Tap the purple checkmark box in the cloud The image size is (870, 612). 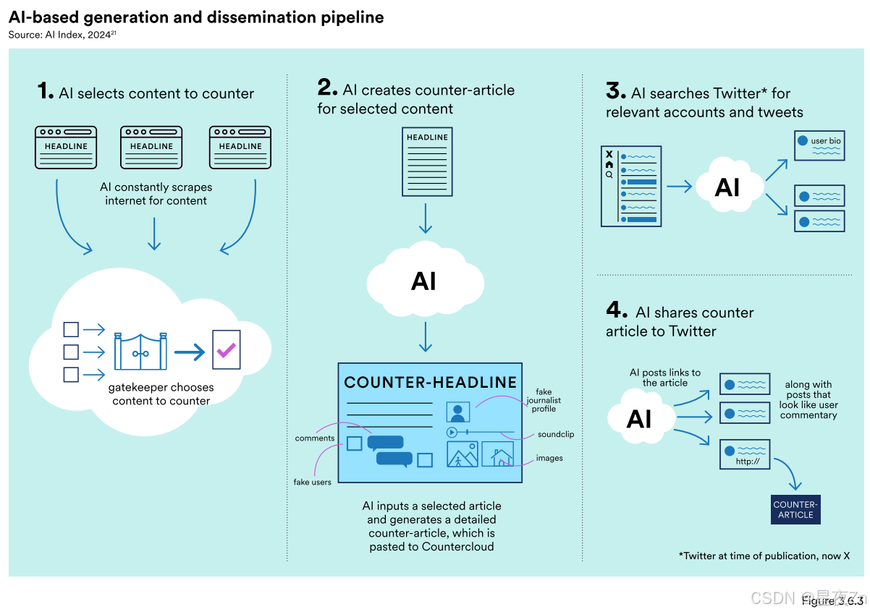[226, 351]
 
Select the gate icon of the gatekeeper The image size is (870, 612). [141, 351]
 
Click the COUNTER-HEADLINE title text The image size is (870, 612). [430, 383]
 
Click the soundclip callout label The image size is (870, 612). [555, 435]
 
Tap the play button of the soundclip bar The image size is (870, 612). [452, 432]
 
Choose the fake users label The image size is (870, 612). [312, 482]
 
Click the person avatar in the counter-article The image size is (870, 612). [458, 412]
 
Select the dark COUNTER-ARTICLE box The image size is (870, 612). [795, 510]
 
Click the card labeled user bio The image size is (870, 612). [819, 145]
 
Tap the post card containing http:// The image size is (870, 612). [745, 455]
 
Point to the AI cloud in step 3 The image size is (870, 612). [727, 187]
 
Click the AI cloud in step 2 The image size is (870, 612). [424, 281]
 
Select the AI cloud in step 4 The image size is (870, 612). [639, 418]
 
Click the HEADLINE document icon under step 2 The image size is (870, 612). [427, 161]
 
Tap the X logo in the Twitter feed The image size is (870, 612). [609, 154]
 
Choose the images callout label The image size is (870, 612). [549, 458]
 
